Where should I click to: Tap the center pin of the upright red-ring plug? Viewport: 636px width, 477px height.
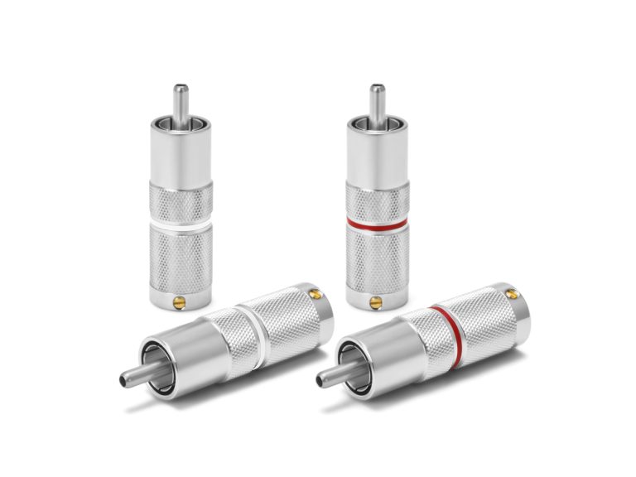point(377,100)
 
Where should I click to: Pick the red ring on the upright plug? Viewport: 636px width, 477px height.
point(377,224)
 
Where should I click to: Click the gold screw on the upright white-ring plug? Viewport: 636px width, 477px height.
point(179,301)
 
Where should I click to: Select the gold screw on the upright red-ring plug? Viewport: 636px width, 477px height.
point(378,301)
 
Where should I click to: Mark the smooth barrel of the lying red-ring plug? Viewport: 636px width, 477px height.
point(377,352)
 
